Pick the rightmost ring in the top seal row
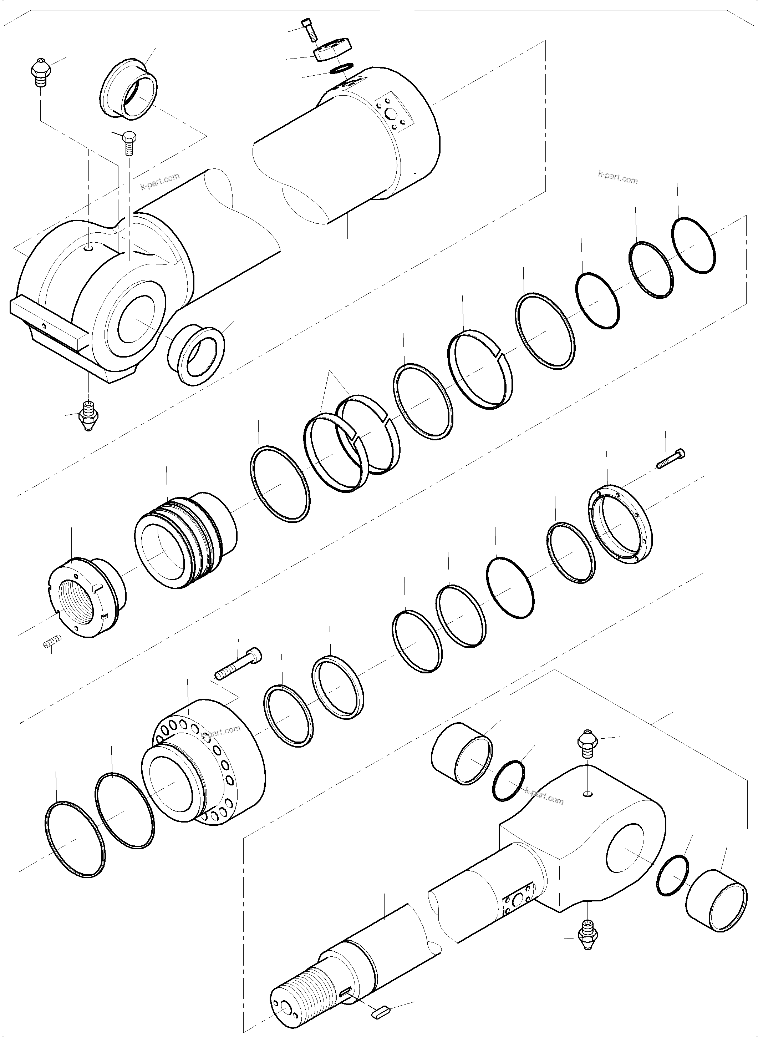[x=694, y=245]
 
